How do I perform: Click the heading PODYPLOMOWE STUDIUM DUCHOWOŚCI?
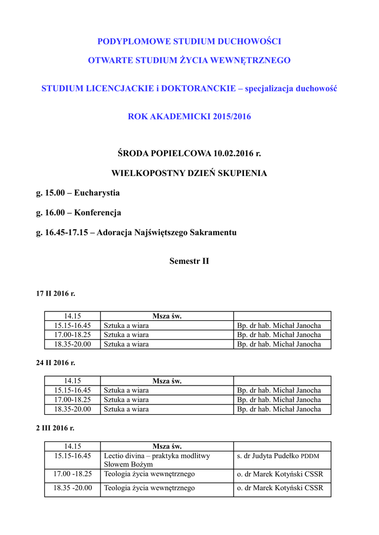189,41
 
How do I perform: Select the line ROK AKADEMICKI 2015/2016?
189,117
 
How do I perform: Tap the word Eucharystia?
97,193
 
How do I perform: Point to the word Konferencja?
98,213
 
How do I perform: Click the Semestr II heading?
189,261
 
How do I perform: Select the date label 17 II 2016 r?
55,294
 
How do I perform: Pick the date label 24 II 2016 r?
55,362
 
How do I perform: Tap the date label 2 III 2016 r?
55,428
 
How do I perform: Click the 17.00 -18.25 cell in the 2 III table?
73,474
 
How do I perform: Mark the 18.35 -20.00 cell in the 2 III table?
73,488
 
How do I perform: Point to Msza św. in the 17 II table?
167,316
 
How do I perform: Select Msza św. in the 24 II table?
167,381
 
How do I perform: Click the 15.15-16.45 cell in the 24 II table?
73,390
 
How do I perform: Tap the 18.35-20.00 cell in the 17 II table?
73,344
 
